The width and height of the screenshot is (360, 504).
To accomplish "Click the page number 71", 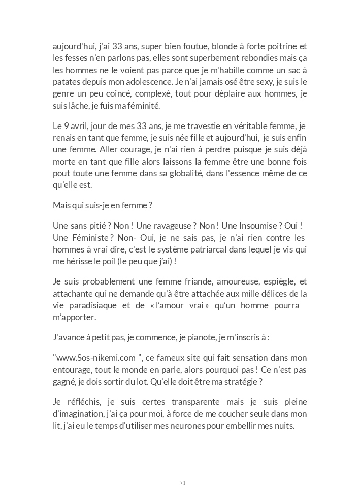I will [182, 482].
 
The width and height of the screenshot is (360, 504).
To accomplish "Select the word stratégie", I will [266, 382].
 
